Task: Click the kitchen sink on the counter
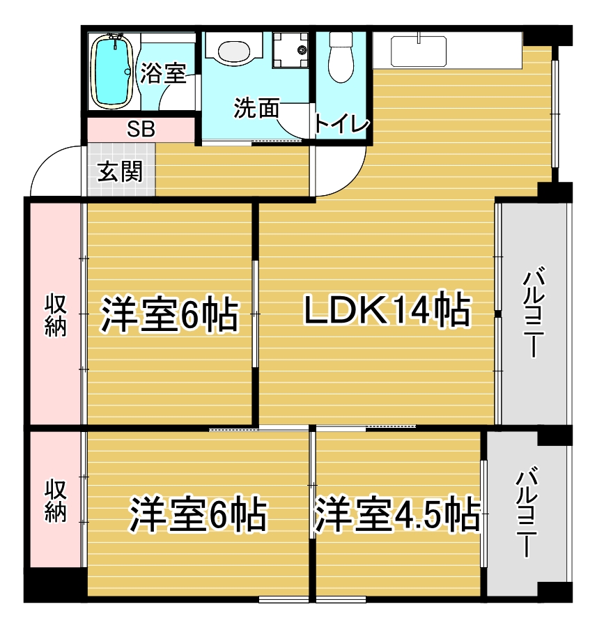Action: point(419,51)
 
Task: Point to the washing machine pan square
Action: point(290,50)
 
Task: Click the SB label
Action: point(141,130)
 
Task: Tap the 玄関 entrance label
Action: point(120,171)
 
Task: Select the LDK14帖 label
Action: point(387,311)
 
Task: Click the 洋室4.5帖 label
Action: point(397,514)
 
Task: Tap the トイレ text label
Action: point(341,124)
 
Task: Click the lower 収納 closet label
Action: point(55,500)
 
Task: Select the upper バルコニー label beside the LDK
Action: point(534,311)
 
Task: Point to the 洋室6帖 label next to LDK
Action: point(170,314)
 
